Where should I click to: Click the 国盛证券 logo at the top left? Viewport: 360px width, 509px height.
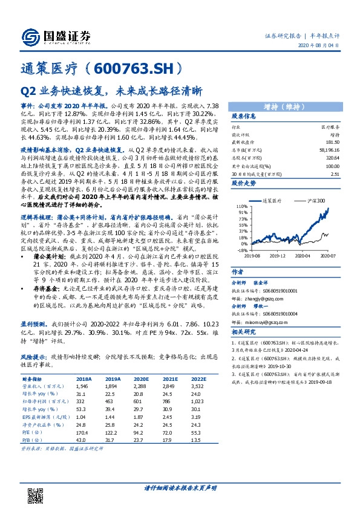pos(55,37)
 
